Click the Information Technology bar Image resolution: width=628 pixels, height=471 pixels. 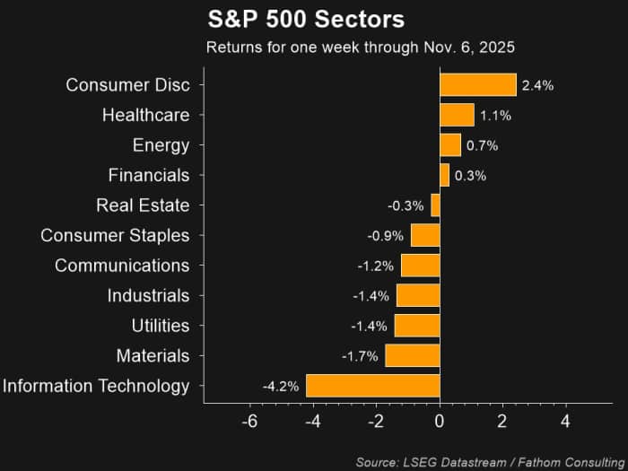(373, 386)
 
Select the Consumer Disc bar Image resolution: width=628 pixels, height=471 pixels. (478, 85)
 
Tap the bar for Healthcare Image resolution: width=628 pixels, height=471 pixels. (458, 115)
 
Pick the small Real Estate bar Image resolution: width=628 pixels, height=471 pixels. (435, 205)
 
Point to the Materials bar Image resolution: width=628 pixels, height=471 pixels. (413, 355)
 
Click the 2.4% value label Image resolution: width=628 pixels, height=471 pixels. (538, 85)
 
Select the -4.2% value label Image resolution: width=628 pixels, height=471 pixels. (281, 387)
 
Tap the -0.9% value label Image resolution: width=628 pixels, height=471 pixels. (385, 236)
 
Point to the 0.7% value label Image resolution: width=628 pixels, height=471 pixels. (483, 145)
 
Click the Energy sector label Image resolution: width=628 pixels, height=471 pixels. (161, 145)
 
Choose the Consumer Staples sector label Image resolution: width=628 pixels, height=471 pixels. (115, 236)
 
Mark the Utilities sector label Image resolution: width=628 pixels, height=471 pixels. (161, 326)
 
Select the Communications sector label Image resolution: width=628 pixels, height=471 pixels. (122, 266)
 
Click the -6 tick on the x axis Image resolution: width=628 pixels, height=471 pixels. (250, 422)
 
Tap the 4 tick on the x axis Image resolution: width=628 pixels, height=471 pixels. (565, 422)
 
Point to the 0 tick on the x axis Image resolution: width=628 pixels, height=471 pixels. (440, 422)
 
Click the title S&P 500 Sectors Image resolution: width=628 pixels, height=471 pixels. (306, 19)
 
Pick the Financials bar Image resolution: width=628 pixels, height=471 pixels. (445, 175)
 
